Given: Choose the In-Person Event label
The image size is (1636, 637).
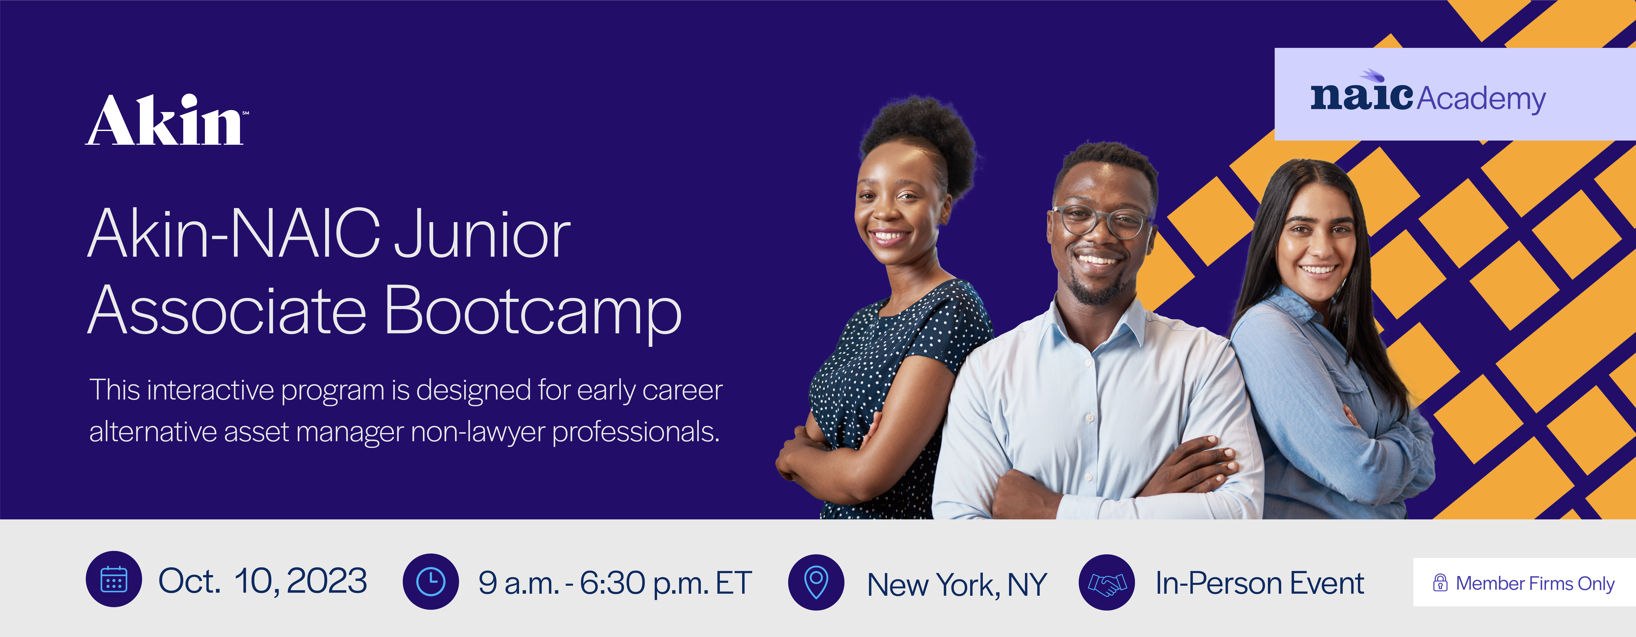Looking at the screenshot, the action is pos(1259,582).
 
